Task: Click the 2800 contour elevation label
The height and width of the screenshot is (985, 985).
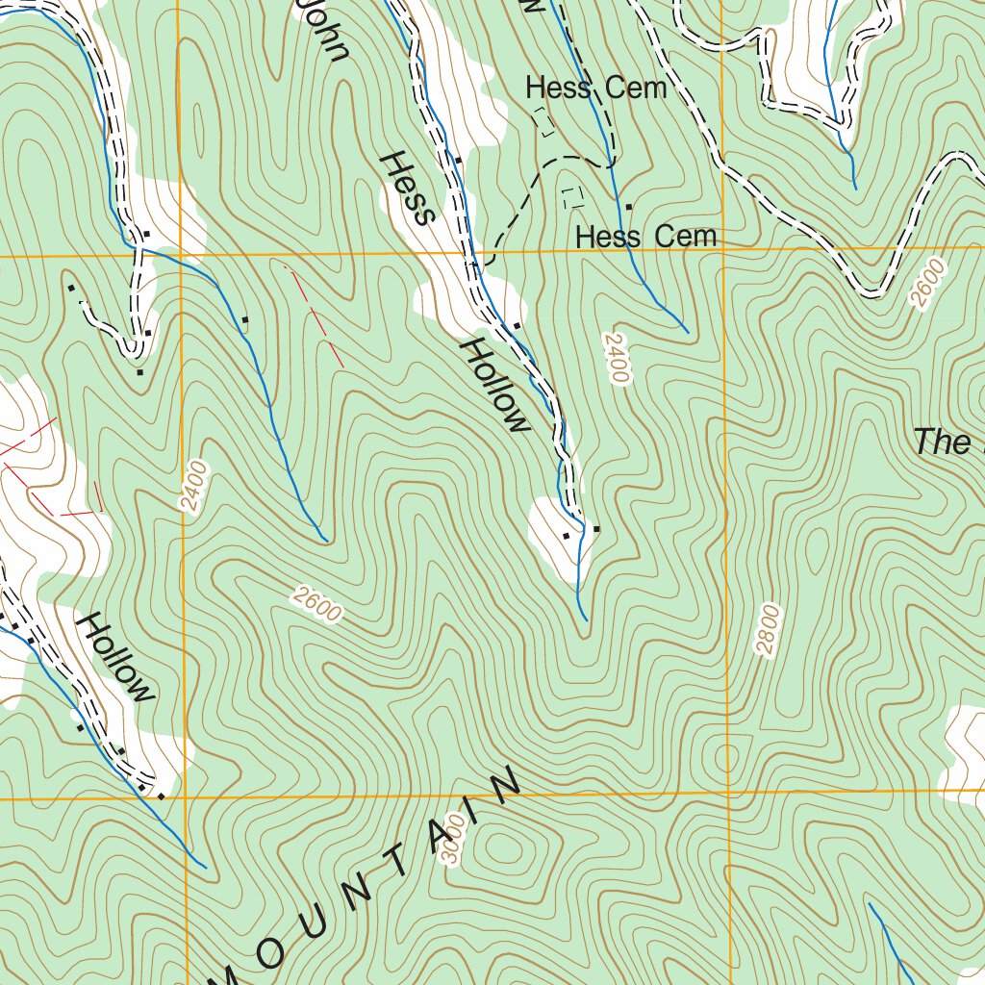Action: click(x=768, y=630)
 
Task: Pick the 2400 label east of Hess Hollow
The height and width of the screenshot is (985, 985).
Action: click(x=616, y=358)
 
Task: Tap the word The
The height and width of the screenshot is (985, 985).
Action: click(x=943, y=442)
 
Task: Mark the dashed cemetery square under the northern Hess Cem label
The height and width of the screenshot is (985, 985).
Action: click(x=544, y=121)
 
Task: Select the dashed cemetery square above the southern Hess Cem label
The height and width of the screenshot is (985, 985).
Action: click(x=572, y=197)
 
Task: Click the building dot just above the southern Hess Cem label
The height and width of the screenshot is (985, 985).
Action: click(x=629, y=207)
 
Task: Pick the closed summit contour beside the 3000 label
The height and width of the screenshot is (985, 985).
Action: click(x=504, y=848)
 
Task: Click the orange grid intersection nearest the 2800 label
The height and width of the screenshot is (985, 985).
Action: click(x=727, y=794)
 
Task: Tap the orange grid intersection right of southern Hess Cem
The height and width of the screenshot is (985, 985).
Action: click(x=721, y=252)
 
